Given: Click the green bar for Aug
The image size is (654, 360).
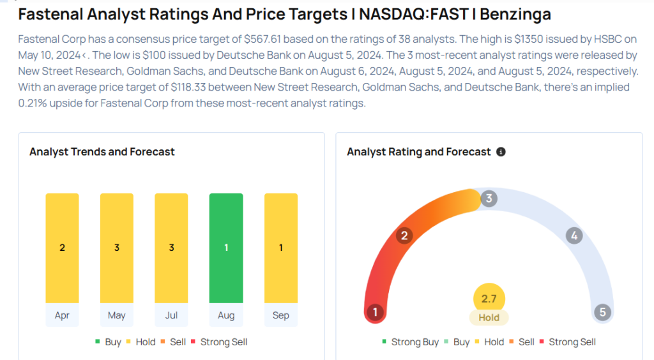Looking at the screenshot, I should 226,248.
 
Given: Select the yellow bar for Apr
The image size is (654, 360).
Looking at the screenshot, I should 62,248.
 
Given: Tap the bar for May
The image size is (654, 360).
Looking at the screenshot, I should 117,248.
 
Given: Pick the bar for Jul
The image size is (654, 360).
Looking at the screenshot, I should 171,248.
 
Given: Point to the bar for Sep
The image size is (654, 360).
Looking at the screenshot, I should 281,248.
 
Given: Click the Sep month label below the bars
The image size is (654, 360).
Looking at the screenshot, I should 281,315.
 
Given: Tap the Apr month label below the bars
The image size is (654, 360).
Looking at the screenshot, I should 62,315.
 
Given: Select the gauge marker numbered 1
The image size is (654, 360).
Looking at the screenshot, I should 376,313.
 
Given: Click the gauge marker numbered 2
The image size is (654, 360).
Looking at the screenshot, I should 404,236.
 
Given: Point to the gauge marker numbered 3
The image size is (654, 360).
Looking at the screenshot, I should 489,199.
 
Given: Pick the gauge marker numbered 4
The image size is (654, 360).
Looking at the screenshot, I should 574,236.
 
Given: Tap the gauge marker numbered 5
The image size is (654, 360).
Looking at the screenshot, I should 602,313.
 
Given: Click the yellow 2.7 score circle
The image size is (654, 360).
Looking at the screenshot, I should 489,299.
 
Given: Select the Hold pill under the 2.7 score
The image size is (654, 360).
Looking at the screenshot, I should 489,317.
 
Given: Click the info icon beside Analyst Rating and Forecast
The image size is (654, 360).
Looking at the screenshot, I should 501,152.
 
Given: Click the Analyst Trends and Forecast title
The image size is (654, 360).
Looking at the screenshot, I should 102,152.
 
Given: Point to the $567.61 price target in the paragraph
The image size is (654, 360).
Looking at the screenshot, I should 265,40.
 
